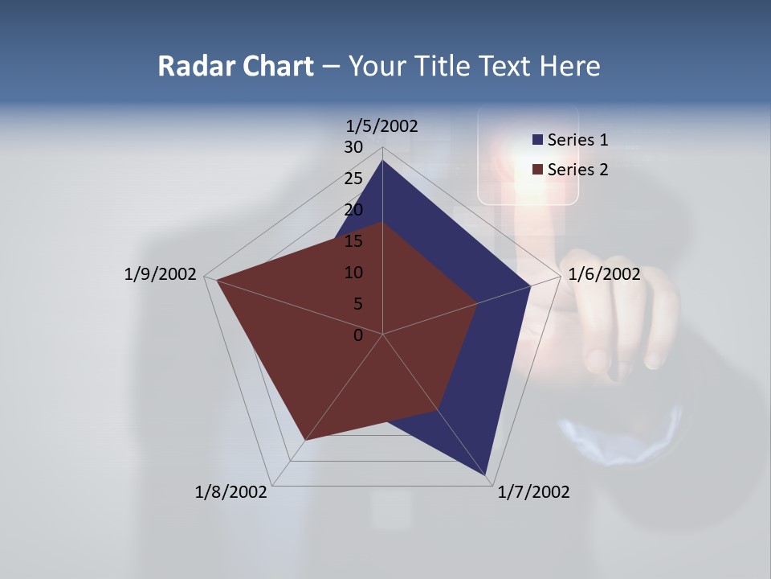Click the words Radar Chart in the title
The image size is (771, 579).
point(235,66)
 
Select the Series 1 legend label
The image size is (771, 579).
point(577,140)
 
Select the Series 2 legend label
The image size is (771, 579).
point(577,170)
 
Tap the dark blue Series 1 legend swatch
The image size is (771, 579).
point(537,140)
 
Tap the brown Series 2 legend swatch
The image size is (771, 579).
point(537,170)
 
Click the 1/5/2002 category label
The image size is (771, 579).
point(381,126)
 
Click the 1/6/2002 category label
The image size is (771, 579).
point(604,274)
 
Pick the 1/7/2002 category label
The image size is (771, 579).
point(533,492)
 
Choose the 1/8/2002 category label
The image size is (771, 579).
point(231,492)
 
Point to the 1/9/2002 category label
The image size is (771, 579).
point(161,274)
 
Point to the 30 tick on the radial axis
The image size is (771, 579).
point(353,147)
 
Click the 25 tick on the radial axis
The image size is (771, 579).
point(353,179)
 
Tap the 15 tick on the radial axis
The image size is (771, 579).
point(353,241)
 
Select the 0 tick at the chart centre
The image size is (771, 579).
point(358,335)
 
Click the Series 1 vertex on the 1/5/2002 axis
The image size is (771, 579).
point(382,160)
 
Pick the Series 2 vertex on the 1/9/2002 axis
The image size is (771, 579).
point(216,280)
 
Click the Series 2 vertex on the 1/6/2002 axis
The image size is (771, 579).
point(477,303)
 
